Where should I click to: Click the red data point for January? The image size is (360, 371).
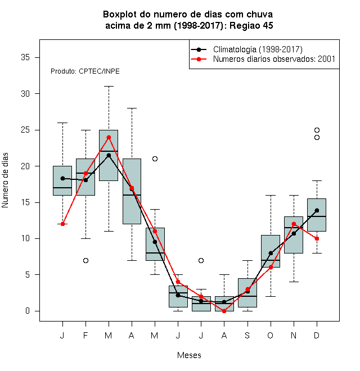pos(62,224)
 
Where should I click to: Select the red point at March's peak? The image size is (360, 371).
pos(109,137)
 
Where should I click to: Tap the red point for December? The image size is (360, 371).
pos(317,238)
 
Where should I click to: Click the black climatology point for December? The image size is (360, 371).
pos(317,210)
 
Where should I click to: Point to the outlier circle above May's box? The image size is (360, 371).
pos(155,159)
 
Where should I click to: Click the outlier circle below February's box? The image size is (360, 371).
pos(85,260)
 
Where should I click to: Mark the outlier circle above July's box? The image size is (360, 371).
pos(201,260)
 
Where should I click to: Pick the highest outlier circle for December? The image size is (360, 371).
pos(317,130)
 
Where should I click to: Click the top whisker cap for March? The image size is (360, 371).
pos(109,87)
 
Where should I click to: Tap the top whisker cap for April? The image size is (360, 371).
pos(132,108)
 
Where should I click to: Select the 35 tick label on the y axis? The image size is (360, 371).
pos(25,57)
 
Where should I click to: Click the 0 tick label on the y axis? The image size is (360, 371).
pos(28,311)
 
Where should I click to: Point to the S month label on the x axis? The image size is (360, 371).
pos(247,335)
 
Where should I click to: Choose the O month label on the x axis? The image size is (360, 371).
pos(270,335)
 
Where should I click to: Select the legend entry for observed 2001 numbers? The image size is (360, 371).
pos(263,59)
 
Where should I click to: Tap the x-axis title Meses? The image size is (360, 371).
pos(189,355)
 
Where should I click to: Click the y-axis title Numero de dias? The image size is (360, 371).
pos(5,180)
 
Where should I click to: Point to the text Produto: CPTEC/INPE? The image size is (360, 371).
pos(85,71)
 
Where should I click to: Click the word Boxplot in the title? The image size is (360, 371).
pos(120,15)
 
